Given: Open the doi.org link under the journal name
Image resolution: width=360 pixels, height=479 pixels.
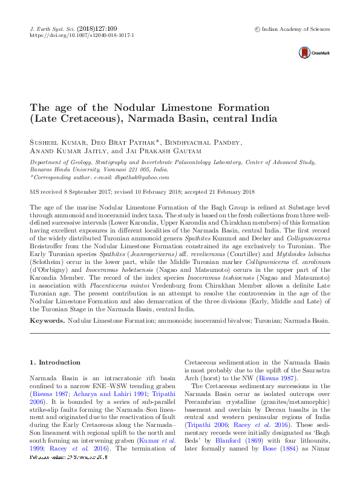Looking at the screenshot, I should [82, 36].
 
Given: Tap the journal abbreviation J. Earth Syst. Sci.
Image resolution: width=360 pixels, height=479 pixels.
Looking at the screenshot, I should [52, 28].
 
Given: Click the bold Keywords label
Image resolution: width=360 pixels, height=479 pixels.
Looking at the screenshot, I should [47, 319].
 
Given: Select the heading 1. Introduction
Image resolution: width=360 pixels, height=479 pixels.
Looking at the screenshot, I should [55, 362].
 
